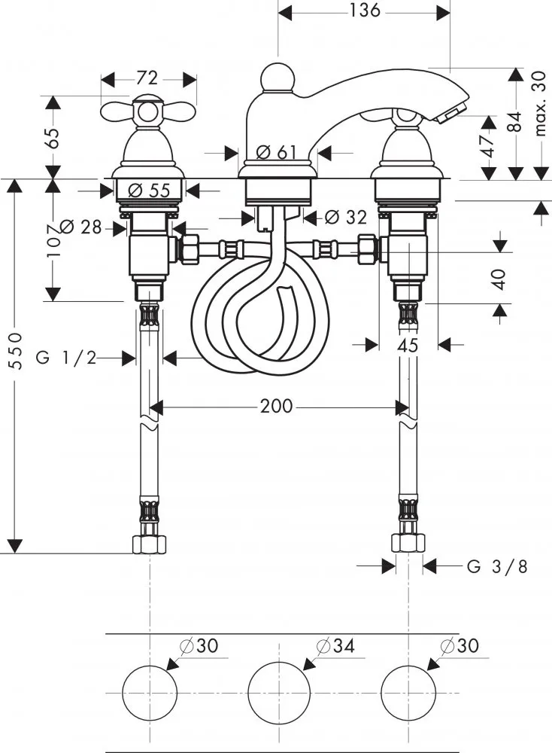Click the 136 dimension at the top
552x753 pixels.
[x=364, y=10]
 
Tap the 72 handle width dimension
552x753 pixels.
[x=147, y=78]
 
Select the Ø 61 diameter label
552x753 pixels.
[x=276, y=153]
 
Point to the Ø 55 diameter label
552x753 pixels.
[x=149, y=191]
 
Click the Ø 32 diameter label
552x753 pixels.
[x=346, y=218]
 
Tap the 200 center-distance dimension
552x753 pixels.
[x=276, y=407]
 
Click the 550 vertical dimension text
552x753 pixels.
[x=17, y=351]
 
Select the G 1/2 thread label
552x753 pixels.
[x=66, y=358]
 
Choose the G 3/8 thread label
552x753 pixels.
[x=497, y=567]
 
